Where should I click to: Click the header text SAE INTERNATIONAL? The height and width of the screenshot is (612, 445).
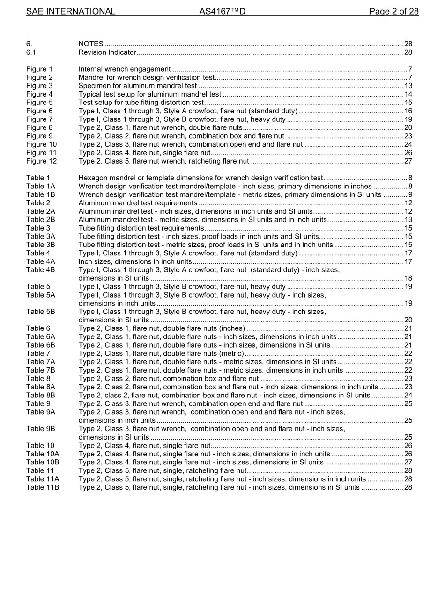click(70, 11)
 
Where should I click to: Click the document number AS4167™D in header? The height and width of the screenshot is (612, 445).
click(222, 11)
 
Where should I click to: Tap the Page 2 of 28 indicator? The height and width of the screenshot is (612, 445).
click(393, 11)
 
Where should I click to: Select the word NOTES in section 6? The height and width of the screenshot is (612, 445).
click(91, 44)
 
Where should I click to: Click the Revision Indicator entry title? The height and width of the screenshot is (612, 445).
click(107, 52)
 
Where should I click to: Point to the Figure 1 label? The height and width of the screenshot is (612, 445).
click(39, 69)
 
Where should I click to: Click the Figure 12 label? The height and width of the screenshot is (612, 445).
click(41, 161)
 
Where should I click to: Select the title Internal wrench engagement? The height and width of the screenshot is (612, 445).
click(124, 69)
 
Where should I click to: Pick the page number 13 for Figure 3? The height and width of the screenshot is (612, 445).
click(408, 86)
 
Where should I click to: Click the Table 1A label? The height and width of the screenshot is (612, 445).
click(40, 187)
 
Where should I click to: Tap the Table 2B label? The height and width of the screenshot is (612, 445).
click(40, 220)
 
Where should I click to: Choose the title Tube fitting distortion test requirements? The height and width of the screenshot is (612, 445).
click(141, 228)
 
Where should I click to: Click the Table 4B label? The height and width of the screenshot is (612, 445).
click(40, 270)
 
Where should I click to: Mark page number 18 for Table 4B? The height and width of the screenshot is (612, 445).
click(408, 278)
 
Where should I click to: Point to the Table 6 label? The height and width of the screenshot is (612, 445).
click(38, 328)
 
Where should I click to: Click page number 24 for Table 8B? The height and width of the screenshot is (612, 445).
click(408, 396)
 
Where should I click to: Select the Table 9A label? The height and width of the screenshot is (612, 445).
click(40, 412)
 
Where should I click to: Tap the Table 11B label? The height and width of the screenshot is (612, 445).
click(43, 487)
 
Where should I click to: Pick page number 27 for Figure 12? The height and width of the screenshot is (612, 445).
click(408, 161)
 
